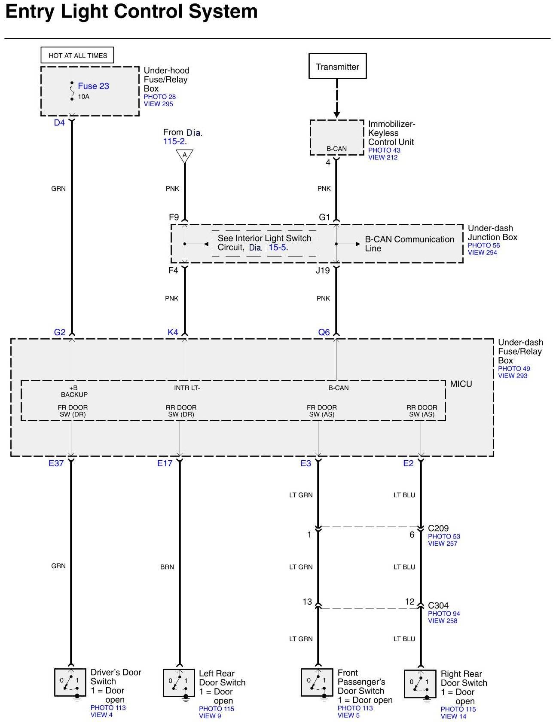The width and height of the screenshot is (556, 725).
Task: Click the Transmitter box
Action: pos(337,66)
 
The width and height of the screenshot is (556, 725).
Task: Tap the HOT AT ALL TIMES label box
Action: pos(77,55)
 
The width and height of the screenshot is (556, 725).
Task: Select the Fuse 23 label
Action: pos(93,86)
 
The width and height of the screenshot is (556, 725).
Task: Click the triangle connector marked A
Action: pos(185,155)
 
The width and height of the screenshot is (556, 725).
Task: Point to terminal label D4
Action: pos(59,123)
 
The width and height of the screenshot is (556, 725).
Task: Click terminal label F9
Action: pos(174,217)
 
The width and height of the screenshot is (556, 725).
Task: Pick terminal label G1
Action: pos(324,217)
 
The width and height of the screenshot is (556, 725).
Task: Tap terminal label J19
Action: pos(323,271)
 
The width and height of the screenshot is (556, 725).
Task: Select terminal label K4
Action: pos(173,332)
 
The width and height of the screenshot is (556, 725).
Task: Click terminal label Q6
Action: pos(324,332)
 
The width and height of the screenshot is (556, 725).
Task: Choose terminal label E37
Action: pos(56,463)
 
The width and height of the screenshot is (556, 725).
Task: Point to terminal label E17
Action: pos(165,463)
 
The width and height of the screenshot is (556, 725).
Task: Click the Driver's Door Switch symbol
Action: pos(70,682)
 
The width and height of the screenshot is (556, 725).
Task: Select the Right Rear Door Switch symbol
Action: pos(420,683)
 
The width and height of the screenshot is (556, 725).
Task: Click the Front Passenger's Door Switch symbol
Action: pos(317,682)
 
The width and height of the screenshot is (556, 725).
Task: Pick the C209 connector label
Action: pos(438,528)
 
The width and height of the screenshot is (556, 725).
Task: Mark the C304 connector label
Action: pos(438,606)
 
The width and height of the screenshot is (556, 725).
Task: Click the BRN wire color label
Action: pos(167,567)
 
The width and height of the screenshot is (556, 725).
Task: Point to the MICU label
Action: pos(461,384)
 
